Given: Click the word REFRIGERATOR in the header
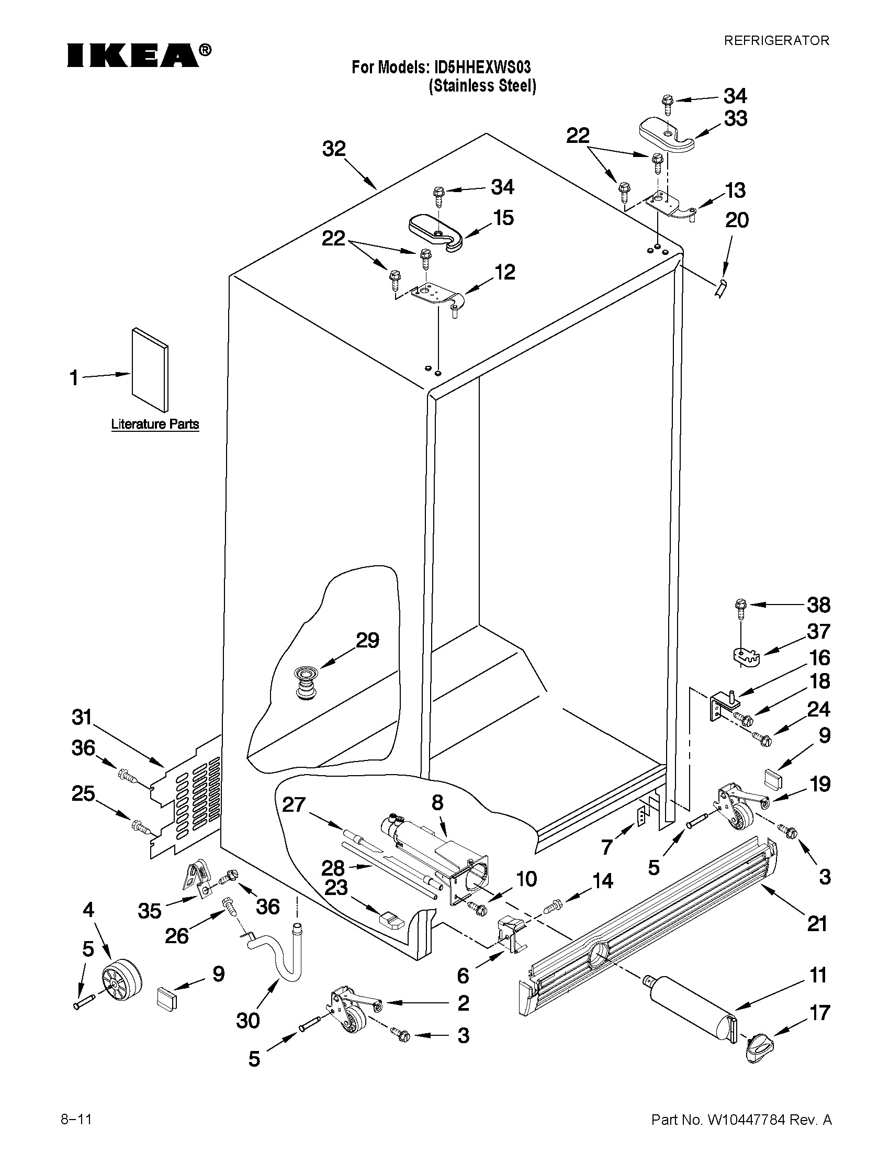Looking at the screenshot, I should pos(776,41).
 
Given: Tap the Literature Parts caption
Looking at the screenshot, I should pos(155,424).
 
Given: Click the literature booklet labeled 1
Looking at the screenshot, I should pos(151,370).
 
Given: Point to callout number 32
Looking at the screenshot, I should pos(334,149).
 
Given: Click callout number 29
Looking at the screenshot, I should pos(367,640).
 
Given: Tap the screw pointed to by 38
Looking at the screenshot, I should pos(740,606).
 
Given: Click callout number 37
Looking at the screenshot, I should pos(818,631).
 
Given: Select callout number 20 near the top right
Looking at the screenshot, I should pos(737,220).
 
